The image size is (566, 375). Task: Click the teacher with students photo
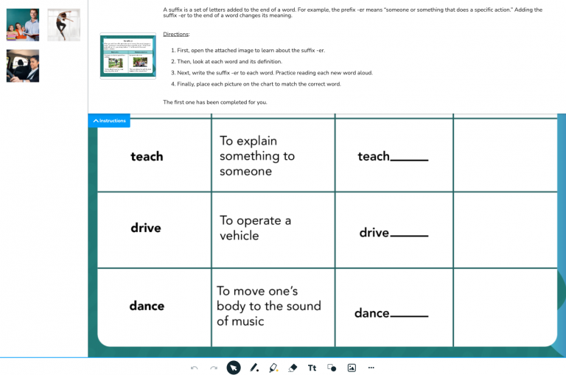point(22,24)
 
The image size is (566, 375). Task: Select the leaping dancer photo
point(63,24)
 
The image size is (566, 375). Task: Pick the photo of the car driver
point(22,66)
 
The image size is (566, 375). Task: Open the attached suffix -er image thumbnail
point(129,55)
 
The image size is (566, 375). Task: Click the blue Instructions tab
point(109,121)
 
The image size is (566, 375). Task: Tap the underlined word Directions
point(176,34)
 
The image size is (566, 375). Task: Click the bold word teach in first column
point(147,156)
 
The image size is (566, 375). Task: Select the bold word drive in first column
point(146,228)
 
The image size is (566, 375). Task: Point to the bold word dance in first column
point(147,306)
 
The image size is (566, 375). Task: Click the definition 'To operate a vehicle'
point(255,228)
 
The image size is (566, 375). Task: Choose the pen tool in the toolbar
point(254,367)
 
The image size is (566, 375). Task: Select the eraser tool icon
point(293,367)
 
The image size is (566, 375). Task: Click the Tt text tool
point(312,367)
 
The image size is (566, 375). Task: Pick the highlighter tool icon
point(273,367)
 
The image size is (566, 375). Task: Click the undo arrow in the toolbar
point(194,367)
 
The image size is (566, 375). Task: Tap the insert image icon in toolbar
point(352,367)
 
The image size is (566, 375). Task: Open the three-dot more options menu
point(371,367)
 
